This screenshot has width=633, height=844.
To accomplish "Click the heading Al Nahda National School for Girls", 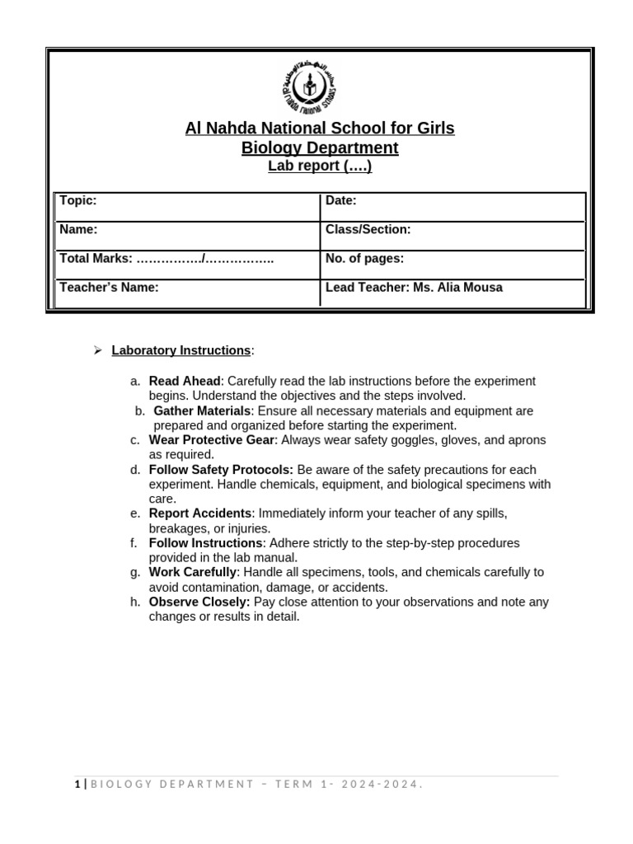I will [x=320, y=129].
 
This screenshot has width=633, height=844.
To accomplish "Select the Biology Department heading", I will [x=320, y=148].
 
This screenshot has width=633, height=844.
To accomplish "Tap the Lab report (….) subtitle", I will [x=320, y=166].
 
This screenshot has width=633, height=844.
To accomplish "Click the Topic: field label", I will [x=78, y=200].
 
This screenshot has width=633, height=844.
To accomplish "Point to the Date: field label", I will [x=341, y=200].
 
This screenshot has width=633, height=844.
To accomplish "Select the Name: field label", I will [x=79, y=229].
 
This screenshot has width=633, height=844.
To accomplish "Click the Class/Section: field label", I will [x=368, y=229].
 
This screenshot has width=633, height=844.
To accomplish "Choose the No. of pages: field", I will [x=364, y=258].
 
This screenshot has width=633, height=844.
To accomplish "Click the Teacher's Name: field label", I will [x=109, y=287].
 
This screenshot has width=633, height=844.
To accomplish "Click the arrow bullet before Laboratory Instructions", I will [x=96, y=350].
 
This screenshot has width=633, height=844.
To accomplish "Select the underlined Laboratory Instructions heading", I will [x=181, y=350].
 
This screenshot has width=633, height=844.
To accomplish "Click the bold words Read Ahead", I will [x=185, y=381].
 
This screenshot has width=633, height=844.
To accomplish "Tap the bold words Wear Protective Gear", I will [x=211, y=440].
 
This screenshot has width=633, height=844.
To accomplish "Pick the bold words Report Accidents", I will [x=199, y=513].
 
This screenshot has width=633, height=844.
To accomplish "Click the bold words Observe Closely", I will [x=199, y=602].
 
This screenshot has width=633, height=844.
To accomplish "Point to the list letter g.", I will [x=135, y=572].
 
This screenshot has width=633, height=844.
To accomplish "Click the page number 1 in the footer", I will [x=77, y=784].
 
